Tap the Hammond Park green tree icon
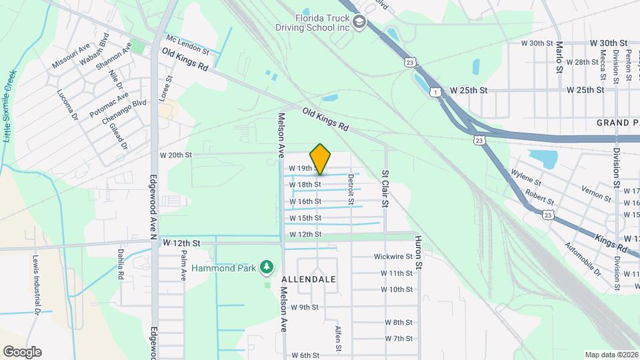[267, 268]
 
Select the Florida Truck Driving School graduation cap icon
[360, 23]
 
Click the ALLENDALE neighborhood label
[309, 279]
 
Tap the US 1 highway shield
[435, 92]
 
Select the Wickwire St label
[393, 257]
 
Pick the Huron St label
[419, 252]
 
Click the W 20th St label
[176, 155]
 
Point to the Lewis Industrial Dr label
[37, 284]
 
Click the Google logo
[22, 352]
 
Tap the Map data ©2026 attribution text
[611, 355]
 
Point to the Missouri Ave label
[71, 57]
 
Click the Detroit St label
[350, 189]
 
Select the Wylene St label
[525, 179]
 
